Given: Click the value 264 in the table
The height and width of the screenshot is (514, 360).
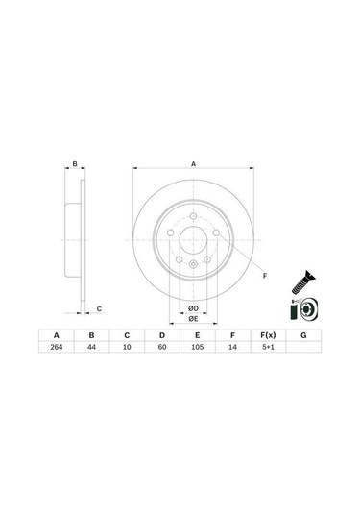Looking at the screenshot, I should click(58, 350).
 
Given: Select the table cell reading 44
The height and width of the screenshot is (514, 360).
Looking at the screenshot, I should click(92, 350).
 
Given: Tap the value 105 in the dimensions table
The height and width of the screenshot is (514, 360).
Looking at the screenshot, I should click(197, 350).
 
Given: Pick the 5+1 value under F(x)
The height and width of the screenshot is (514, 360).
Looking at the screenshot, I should click(268, 350).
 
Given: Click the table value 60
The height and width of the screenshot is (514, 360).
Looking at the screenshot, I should click(161, 350).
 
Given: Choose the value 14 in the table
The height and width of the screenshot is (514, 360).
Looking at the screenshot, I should click(232, 350).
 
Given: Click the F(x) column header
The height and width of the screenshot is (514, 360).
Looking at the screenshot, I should click(268, 336).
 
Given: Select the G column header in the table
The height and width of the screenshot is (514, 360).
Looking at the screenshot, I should click(303, 336).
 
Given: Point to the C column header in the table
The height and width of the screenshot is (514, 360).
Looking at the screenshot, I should click(127, 336).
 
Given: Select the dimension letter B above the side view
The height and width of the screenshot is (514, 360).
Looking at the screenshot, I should click(75, 165).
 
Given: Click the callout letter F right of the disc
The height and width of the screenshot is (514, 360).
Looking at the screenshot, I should click(265, 276).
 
